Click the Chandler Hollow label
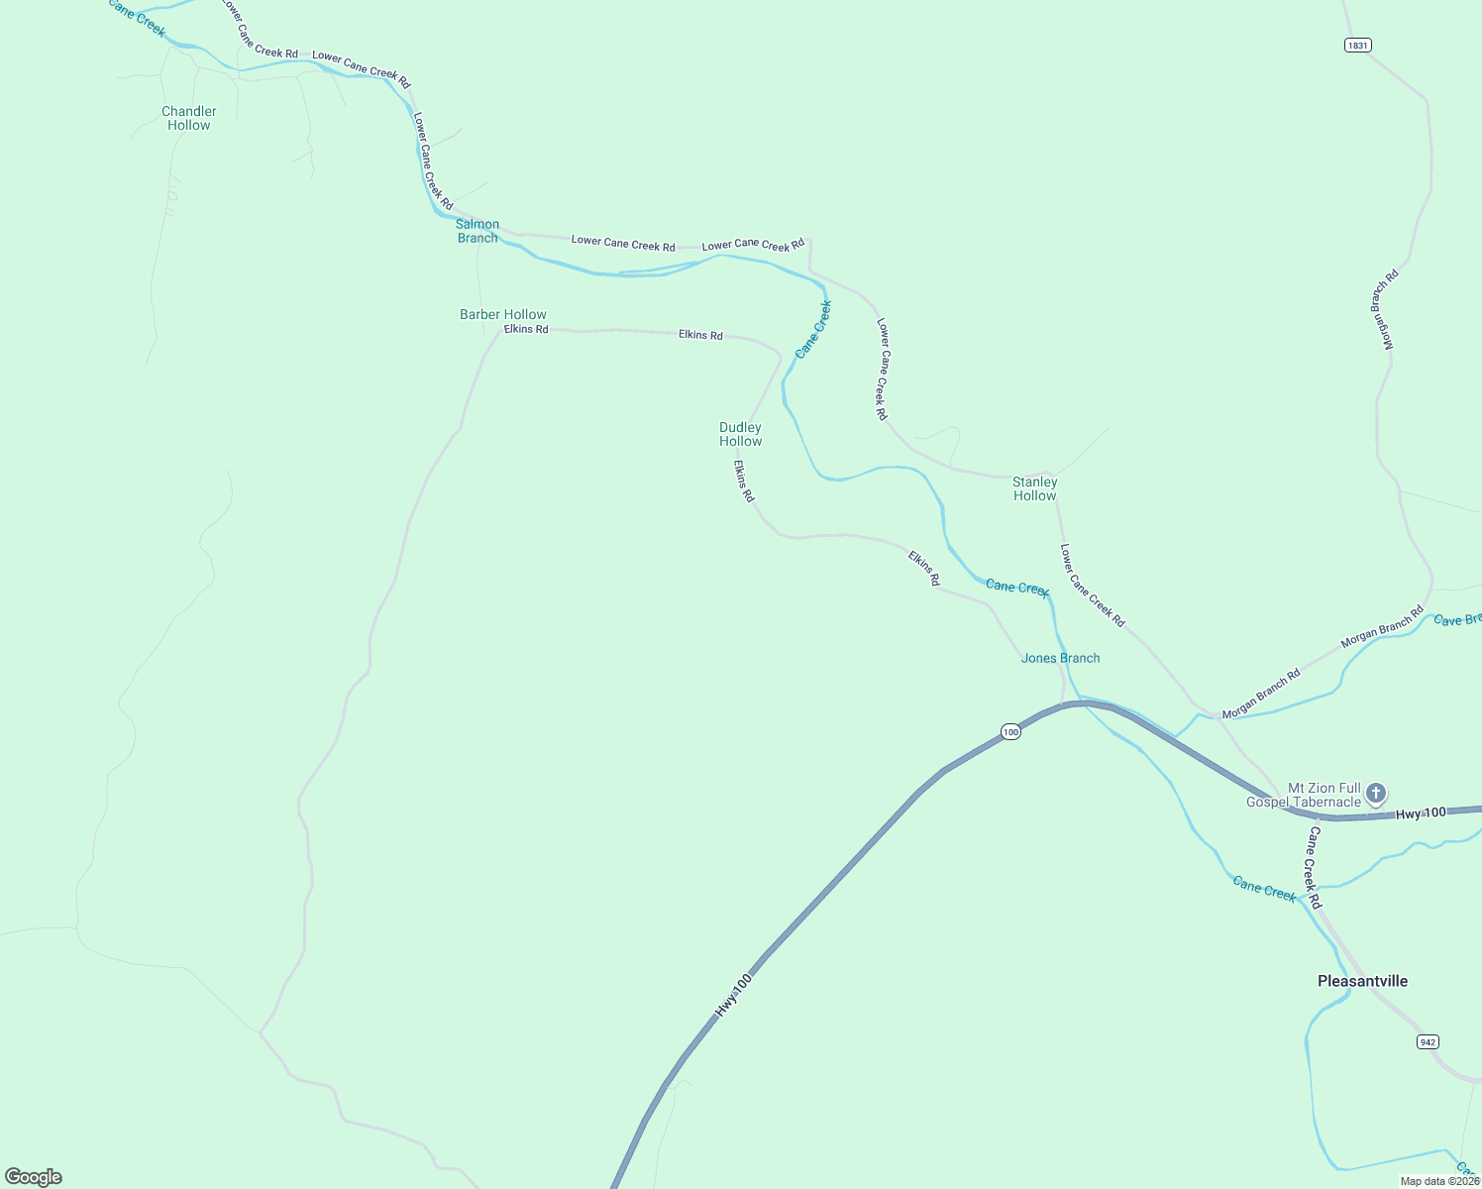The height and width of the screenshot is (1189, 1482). click(188, 118)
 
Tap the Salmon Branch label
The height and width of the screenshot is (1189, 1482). click(477, 231)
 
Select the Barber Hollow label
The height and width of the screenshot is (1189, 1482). click(503, 314)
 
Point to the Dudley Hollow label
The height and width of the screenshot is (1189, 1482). click(740, 434)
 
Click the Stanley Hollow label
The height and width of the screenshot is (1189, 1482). click(1034, 488)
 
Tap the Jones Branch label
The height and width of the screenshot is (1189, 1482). click(1060, 658)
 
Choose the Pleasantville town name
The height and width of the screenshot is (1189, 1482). click(1362, 981)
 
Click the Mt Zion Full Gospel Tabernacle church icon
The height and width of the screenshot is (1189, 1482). click(1375, 793)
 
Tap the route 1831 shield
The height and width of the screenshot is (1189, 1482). click(1358, 45)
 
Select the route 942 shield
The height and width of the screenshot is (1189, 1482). click(1427, 1041)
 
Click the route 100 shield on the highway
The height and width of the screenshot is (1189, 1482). click(1009, 731)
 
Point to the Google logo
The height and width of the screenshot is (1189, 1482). click(34, 1177)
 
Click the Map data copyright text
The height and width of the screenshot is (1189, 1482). click(1439, 1181)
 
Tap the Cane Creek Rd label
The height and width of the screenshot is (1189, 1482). click(1314, 868)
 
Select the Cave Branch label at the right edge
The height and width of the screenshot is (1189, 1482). click(1457, 619)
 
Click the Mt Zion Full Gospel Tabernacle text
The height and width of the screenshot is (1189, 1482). click(1304, 795)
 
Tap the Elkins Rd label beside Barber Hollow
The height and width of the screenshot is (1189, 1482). click(526, 329)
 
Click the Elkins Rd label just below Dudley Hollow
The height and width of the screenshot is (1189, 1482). click(744, 481)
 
